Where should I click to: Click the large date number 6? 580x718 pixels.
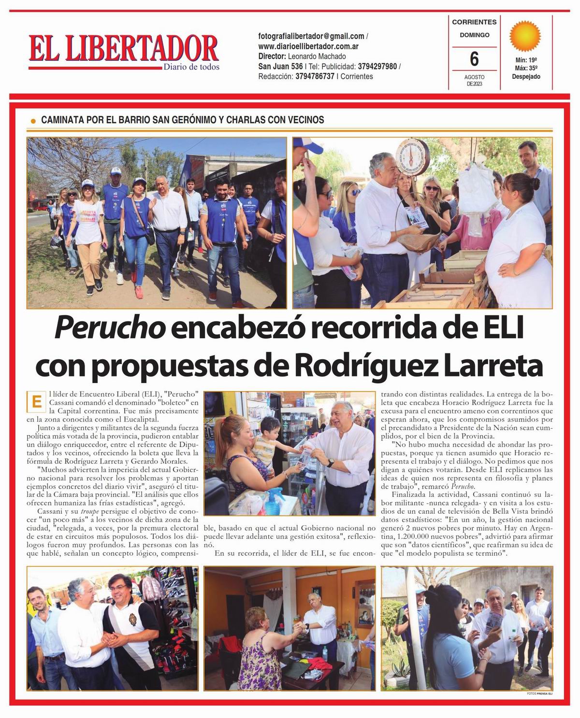coord(474,59)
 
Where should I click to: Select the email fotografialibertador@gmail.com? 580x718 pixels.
coord(311,36)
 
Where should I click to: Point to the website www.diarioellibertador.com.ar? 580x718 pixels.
coord(308,46)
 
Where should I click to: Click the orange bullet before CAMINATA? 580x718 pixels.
coord(33,121)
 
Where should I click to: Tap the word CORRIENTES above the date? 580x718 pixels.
coord(474,22)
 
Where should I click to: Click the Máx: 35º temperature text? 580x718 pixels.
coord(526,68)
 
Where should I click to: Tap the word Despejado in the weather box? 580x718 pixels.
coord(526,77)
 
